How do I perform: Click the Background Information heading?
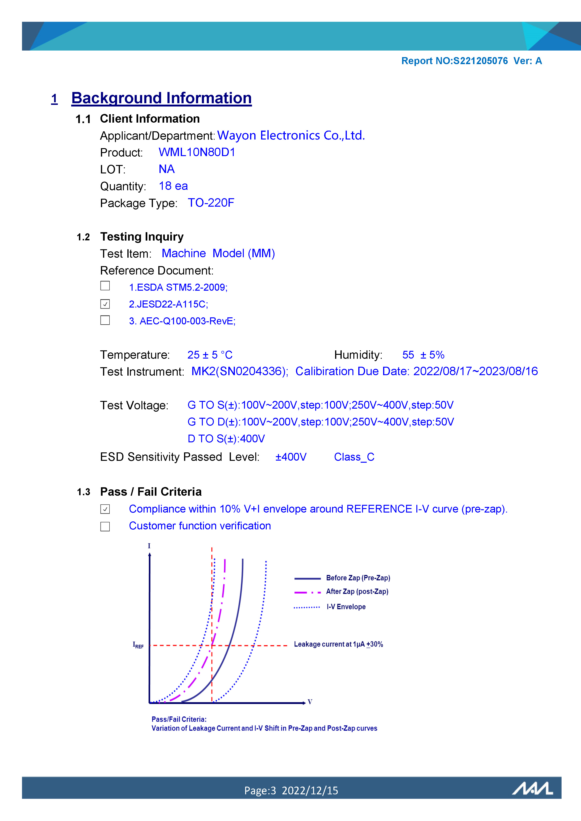pos(161,98)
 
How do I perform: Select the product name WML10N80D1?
pos(197,152)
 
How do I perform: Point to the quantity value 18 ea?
pos(173,186)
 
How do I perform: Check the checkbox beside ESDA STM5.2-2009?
pos(105,286)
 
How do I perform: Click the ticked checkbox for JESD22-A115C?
pos(105,304)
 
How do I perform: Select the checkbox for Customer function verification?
pos(105,526)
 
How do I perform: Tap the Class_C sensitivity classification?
pos(354,457)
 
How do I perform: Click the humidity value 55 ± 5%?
pos(423,355)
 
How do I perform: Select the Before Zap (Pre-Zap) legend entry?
pos(358,578)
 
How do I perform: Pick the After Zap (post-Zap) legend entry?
pos(357,591)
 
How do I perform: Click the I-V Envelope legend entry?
pos(346,607)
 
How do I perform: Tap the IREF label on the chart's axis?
pos(138,645)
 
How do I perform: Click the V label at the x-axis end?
pos(310,702)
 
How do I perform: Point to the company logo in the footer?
pos(532,788)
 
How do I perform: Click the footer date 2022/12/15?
pos(310,791)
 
